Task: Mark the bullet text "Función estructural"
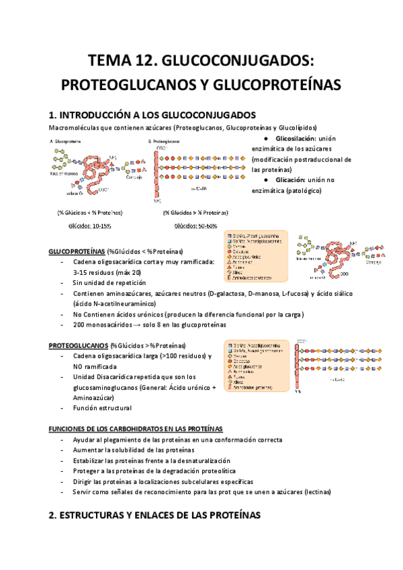coord(103,407)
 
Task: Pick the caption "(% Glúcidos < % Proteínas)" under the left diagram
coord(90,212)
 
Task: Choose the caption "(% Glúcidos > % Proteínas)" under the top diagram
coord(195,212)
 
